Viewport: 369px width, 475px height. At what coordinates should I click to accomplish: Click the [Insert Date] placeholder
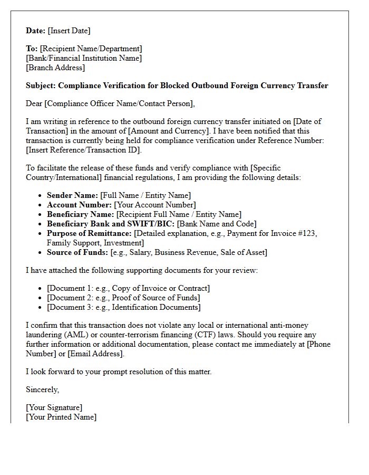coord(69,31)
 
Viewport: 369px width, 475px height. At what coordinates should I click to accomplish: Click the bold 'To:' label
coord(32,49)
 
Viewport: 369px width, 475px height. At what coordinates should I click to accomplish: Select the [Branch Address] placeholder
coord(55,68)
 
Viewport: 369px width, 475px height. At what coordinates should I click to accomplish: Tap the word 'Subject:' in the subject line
coord(41,85)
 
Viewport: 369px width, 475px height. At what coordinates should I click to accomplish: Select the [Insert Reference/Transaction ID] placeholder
coord(84,150)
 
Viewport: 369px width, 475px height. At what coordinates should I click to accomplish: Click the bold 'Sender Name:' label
coord(72,195)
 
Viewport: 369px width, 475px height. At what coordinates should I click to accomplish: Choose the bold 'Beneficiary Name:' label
coord(80,214)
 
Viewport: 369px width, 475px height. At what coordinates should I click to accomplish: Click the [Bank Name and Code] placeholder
coord(217,224)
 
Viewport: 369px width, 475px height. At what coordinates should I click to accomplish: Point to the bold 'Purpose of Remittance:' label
coord(89,233)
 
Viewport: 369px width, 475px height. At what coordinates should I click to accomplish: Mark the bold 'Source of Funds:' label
coord(77,252)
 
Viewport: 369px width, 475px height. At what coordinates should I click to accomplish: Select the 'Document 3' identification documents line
coord(123,307)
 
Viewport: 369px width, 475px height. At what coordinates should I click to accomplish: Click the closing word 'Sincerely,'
coord(43,389)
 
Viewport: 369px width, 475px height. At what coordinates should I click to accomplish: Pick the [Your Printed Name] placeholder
coord(61,417)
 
